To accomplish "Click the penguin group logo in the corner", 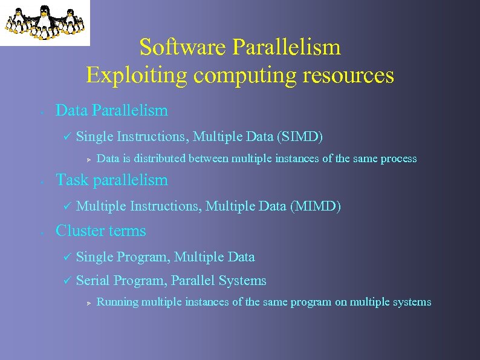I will coord(45,22).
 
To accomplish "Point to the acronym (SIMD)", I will coord(300,137).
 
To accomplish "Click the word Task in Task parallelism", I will coord(70,180).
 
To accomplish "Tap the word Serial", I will coord(93,281).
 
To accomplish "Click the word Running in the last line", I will coord(117,302).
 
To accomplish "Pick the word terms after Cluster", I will coord(128,231).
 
